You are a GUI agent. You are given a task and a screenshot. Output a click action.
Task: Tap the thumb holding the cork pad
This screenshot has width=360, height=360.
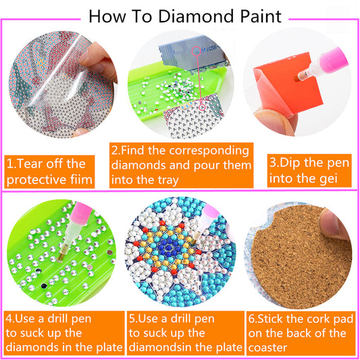tap(334, 224)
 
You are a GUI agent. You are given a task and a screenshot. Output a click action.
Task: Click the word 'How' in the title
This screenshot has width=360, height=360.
tap(107, 16)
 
